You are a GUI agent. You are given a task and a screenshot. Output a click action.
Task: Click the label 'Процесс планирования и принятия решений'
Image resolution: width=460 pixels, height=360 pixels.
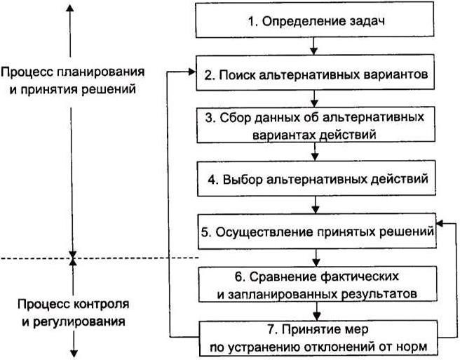tap(73, 81)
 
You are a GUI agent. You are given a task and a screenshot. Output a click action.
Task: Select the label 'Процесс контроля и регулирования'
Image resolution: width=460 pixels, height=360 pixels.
tap(73, 314)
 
